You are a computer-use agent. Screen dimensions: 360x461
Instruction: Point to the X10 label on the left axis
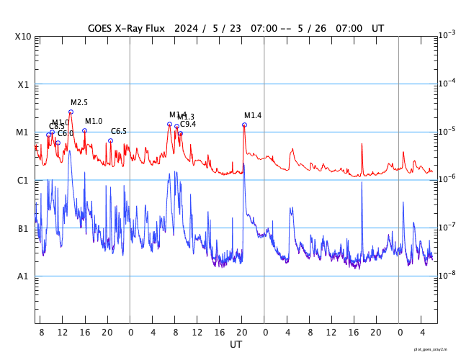24,37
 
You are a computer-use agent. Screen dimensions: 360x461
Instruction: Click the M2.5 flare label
79,103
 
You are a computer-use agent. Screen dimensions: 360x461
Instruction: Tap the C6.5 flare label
119,131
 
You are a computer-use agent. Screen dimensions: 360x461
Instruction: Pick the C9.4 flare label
188,125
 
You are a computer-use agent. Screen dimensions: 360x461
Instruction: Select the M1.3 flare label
186,117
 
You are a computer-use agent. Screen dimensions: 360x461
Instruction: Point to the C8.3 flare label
56,127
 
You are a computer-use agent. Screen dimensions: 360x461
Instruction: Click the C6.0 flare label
66,134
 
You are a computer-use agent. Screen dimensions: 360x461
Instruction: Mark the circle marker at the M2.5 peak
71,112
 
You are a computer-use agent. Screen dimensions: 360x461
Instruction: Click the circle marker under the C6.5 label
110,140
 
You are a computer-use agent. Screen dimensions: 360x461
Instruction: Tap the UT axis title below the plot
236,344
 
